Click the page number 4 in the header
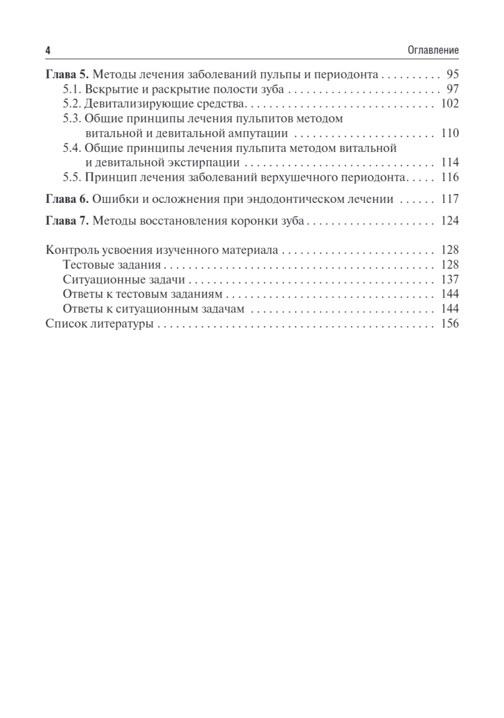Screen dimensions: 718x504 coord(48,51)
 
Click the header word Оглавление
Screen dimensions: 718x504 coord(433,51)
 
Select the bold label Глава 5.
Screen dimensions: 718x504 coord(67,75)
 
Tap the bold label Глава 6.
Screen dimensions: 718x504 coord(67,199)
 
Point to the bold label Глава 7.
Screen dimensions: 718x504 coord(67,221)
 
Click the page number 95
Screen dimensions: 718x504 coord(452,75)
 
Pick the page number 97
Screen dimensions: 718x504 coord(452,90)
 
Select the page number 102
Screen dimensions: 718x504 coord(450,104)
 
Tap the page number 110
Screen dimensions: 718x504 coord(450,133)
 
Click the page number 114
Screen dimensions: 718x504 coord(450,162)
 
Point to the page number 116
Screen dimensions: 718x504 coord(450,177)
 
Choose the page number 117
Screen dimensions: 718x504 coord(450,199)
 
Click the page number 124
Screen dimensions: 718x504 coord(450,221)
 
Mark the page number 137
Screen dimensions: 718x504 coord(450,279)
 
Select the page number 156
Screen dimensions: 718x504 coord(450,324)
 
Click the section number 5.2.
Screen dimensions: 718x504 coord(72,104)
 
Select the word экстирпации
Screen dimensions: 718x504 coord(209,162)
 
